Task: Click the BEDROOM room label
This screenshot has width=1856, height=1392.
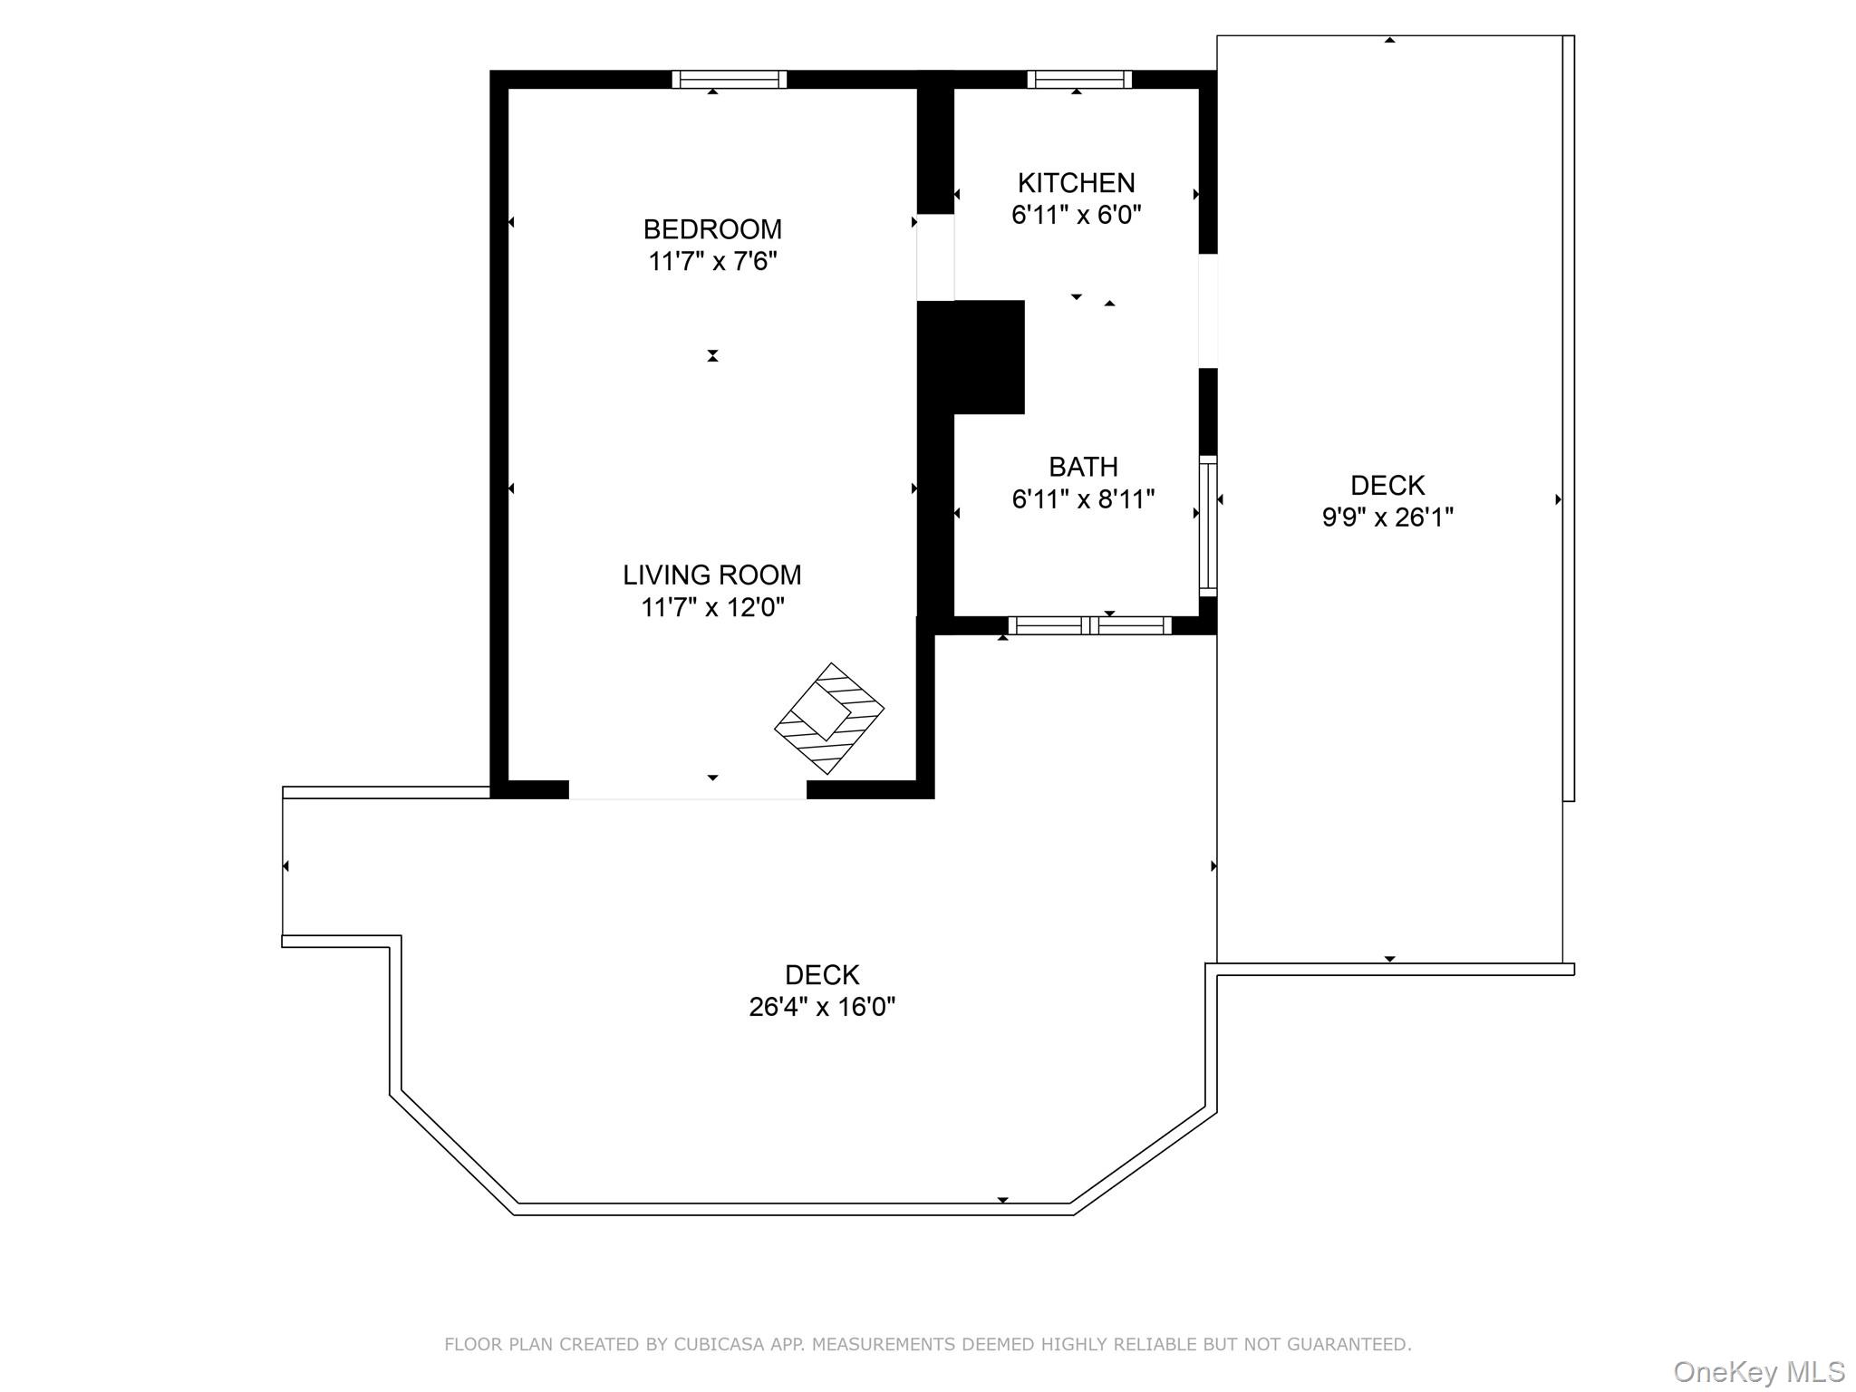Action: pyautogui.click(x=712, y=229)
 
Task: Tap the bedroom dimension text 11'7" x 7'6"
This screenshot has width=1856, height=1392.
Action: pyautogui.click(x=712, y=261)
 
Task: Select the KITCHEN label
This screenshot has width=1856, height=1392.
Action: pyautogui.click(x=1076, y=183)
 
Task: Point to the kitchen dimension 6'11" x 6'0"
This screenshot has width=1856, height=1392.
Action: pyautogui.click(x=1076, y=215)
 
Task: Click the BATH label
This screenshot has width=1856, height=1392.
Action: pyautogui.click(x=1083, y=467)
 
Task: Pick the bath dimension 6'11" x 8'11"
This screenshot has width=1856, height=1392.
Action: pyautogui.click(x=1083, y=498)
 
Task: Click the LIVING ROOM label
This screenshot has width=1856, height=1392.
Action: pyautogui.click(x=712, y=575)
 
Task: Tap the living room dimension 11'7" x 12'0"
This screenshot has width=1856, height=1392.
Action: pyautogui.click(x=712, y=606)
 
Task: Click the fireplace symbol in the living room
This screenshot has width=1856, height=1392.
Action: pyautogui.click(x=829, y=719)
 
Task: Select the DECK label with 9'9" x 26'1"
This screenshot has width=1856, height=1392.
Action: pyautogui.click(x=1387, y=486)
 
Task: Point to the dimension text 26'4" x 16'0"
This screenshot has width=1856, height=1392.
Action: pyautogui.click(x=822, y=1007)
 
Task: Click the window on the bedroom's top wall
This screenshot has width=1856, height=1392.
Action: pyautogui.click(x=730, y=80)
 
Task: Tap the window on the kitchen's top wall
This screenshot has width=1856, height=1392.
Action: pyautogui.click(x=1079, y=80)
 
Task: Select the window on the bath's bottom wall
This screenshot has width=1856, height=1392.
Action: pyautogui.click(x=1090, y=625)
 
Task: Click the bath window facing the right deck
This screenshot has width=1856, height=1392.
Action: pyautogui.click(x=1208, y=526)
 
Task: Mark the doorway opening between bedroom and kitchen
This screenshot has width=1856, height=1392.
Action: pyautogui.click(x=935, y=257)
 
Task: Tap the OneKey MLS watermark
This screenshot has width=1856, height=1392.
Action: pyautogui.click(x=1759, y=1372)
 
